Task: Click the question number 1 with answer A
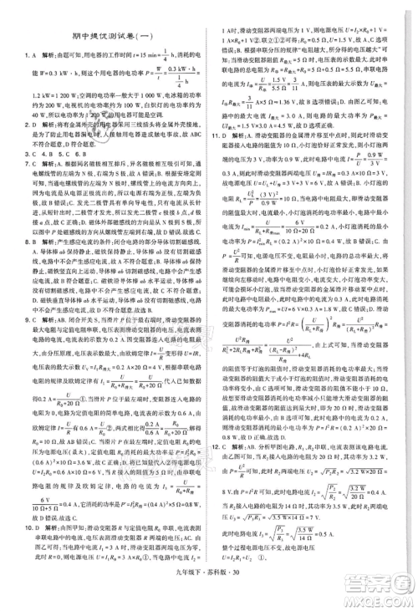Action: point(13,52)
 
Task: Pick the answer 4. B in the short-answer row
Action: point(38,152)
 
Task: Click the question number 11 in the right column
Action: point(217,133)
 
